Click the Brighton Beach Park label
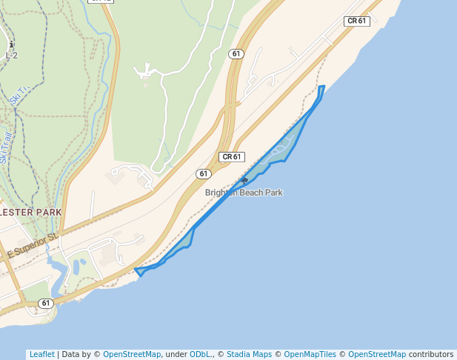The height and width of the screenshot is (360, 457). tap(244, 193)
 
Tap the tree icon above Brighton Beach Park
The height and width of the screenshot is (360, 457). tap(244, 180)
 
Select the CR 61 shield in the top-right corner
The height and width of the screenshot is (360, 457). tap(357, 21)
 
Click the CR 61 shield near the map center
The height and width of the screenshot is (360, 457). tap(232, 157)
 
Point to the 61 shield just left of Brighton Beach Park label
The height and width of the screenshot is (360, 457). tap(204, 173)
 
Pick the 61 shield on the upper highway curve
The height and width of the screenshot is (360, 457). tap(236, 54)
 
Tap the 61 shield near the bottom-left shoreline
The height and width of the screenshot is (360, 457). tap(46, 303)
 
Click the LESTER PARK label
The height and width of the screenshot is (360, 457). tap(31, 213)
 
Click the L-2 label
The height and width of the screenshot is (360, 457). tap(11, 55)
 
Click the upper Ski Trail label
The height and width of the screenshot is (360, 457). tap(21, 94)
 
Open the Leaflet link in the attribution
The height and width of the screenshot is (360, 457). tap(41, 354)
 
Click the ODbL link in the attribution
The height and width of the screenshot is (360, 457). tap(201, 354)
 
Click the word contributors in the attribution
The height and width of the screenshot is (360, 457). tap(431, 354)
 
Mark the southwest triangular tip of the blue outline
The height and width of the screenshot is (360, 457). tap(139, 272)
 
